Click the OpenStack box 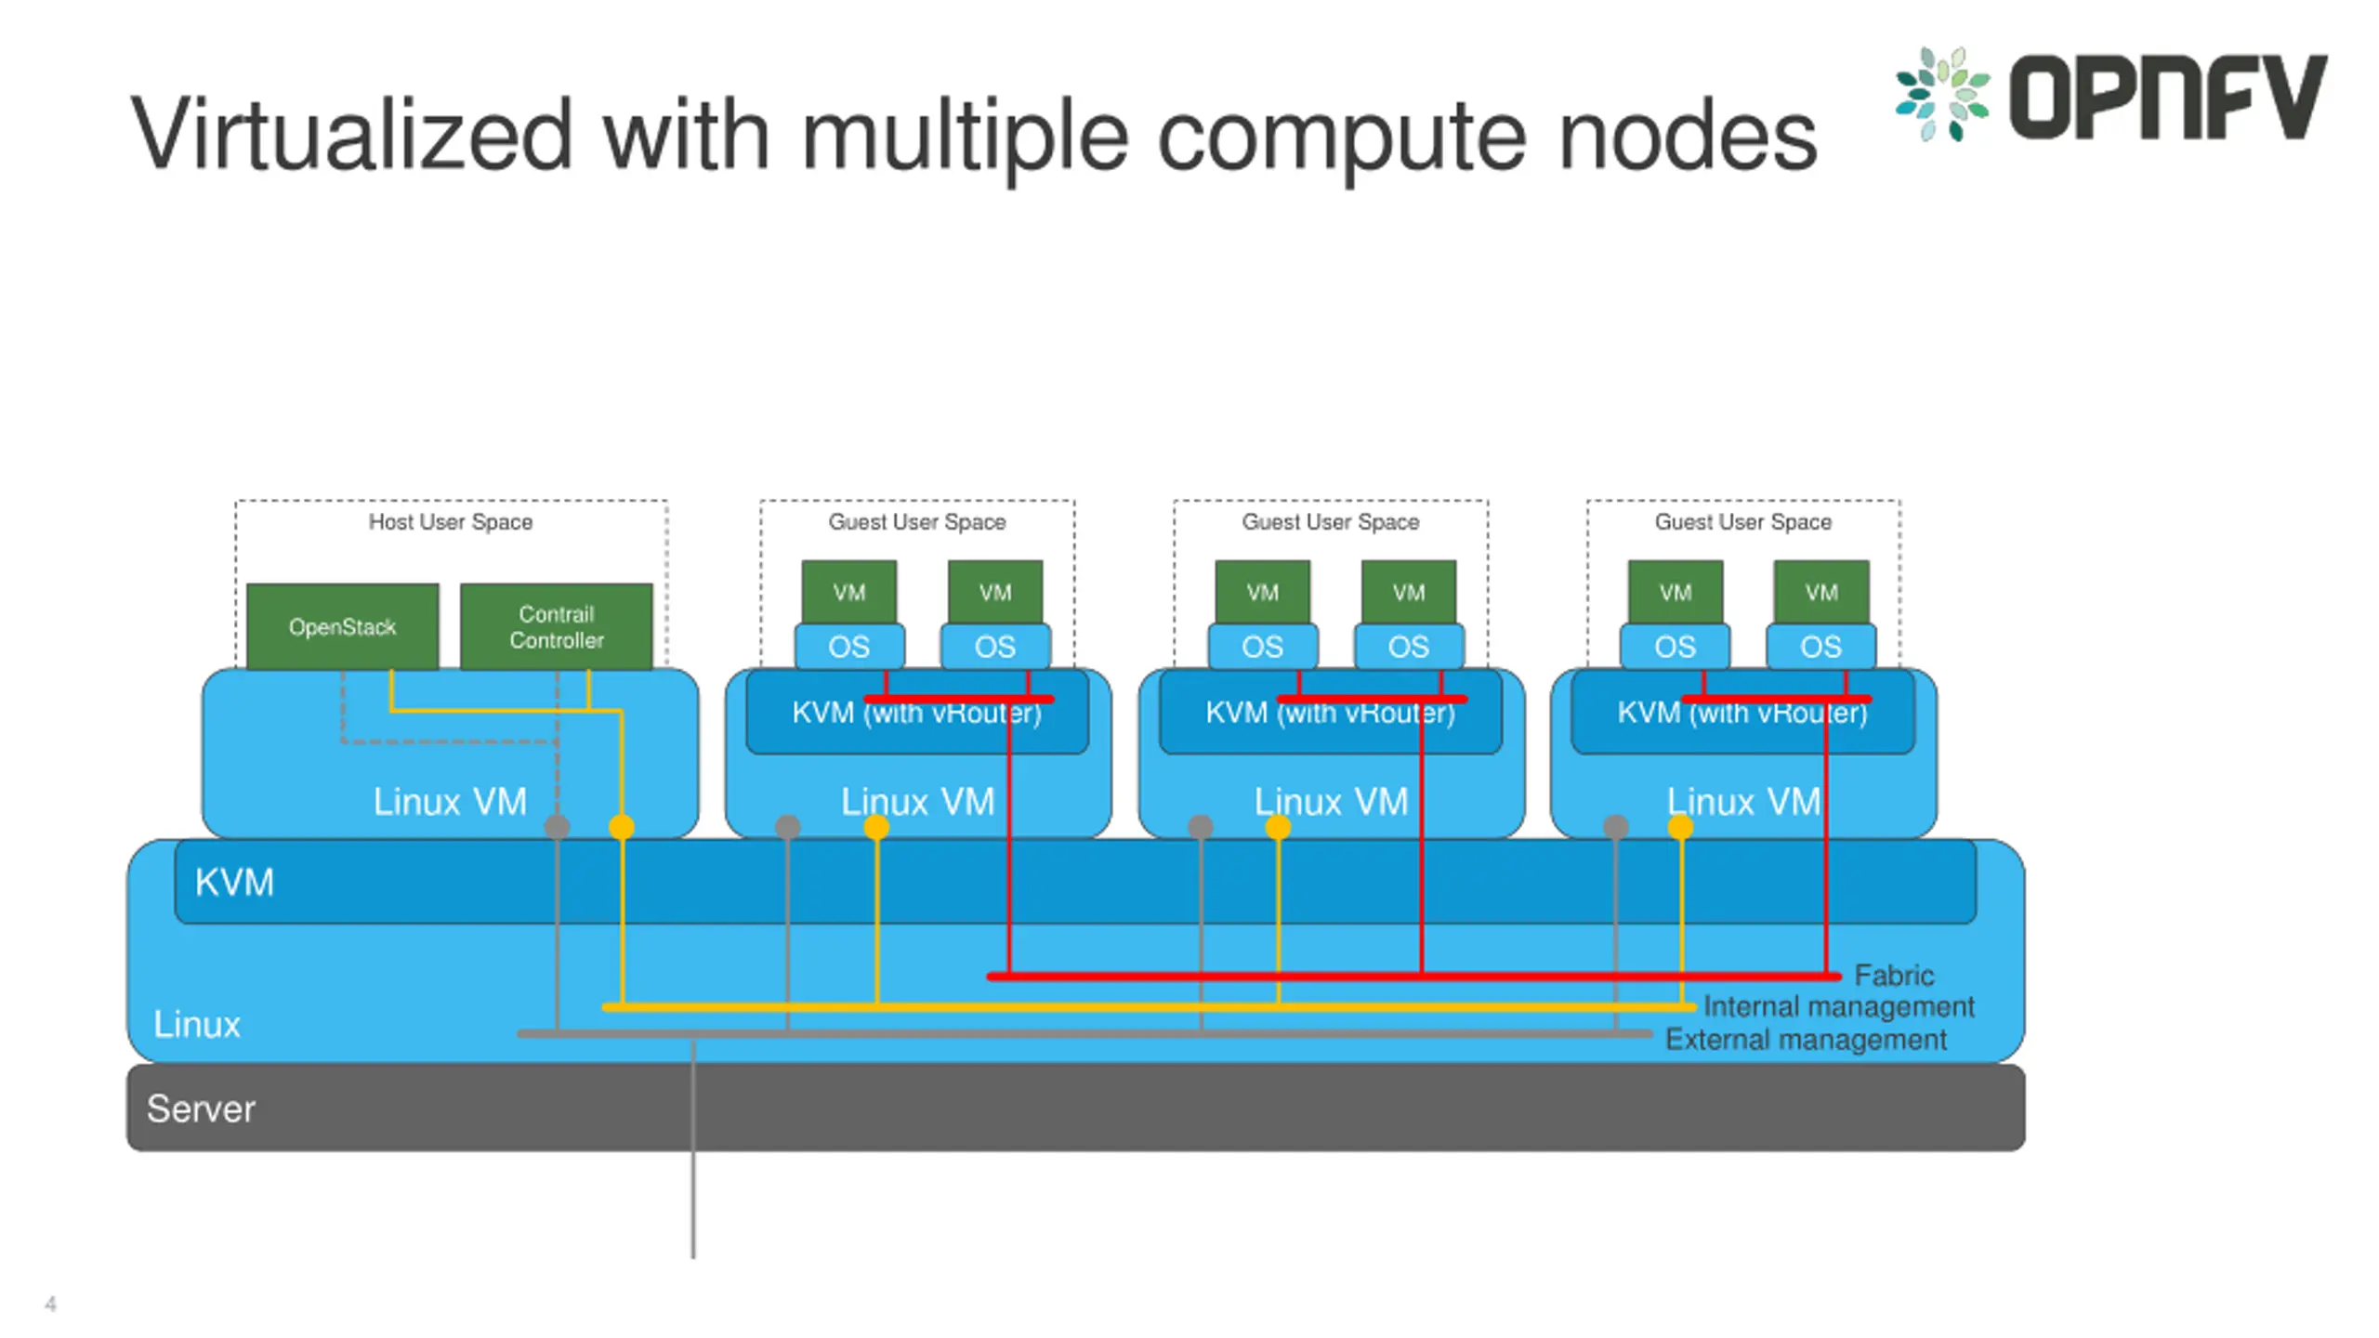343,626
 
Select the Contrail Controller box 557,626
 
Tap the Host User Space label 451,522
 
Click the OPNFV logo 2110,95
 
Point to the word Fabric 1894,975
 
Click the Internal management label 1839,1006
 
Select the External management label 1806,1039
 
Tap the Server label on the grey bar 201,1108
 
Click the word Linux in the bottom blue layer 197,1024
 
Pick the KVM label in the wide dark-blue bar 234,882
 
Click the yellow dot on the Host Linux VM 622,826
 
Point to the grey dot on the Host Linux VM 557,826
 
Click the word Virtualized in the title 350,136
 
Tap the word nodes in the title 1687,136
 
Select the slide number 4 50,1304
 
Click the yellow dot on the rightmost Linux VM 1680,826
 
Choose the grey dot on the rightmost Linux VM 1616,826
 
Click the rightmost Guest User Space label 1743,522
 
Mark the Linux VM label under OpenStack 450,801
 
